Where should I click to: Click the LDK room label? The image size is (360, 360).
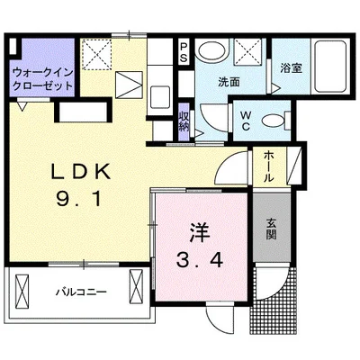pos(80,172)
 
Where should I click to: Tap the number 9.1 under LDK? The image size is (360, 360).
pos(79,199)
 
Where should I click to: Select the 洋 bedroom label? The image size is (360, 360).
pos(200,233)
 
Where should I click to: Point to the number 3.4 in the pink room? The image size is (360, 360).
pos(200,260)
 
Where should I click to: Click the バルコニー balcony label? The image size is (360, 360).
pos(81,292)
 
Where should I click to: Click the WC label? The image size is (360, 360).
pos(246,121)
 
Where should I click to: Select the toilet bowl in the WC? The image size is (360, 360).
pos(273,121)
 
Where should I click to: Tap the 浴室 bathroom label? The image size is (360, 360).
pos(291,67)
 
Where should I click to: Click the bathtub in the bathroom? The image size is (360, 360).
pos(330,66)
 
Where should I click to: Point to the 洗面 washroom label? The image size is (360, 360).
pos(229,82)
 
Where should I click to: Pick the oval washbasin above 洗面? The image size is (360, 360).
pos(211,49)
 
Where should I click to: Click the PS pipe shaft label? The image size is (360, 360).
pos(184,52)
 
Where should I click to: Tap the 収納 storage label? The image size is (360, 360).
pos(184,121)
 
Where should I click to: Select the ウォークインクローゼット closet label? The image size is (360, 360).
pos(43,79)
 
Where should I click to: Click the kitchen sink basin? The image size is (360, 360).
pos(160,97)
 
